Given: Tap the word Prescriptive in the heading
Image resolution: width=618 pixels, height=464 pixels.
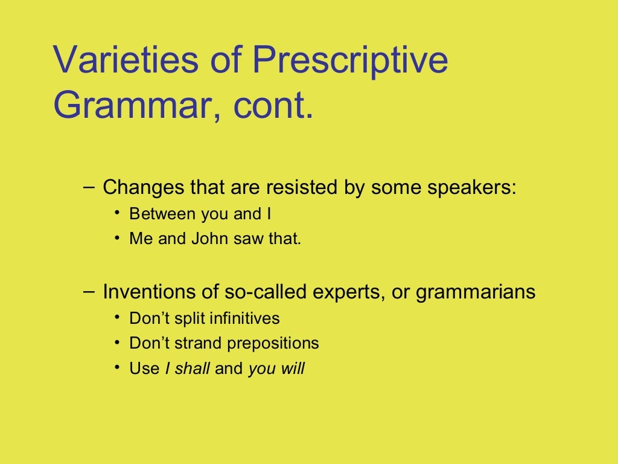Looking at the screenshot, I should (x=350, y=60).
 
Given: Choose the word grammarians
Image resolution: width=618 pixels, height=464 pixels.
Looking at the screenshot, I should (x=476, y=292).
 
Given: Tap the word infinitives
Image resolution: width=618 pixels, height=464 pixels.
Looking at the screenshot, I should (x=244, y=318).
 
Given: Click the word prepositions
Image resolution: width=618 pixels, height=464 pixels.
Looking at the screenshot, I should (x=273, y=344).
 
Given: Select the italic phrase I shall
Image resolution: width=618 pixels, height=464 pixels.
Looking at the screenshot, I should (x=187, y=369).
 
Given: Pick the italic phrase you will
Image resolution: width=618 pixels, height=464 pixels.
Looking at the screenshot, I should (x=276, y=369).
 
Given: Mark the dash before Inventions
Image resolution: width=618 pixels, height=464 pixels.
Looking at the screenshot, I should (x=88, y=291).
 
